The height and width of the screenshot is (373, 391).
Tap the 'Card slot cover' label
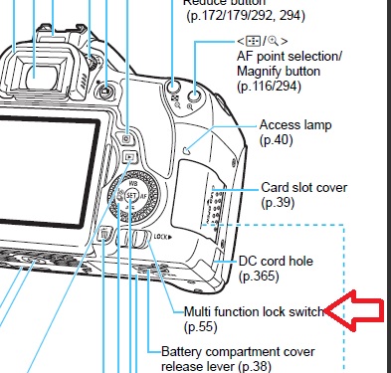pos(302,187)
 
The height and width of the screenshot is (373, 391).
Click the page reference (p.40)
pos(278,141)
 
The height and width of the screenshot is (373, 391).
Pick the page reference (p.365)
pos(262,278)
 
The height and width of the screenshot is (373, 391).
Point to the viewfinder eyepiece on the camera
pos(37,72)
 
